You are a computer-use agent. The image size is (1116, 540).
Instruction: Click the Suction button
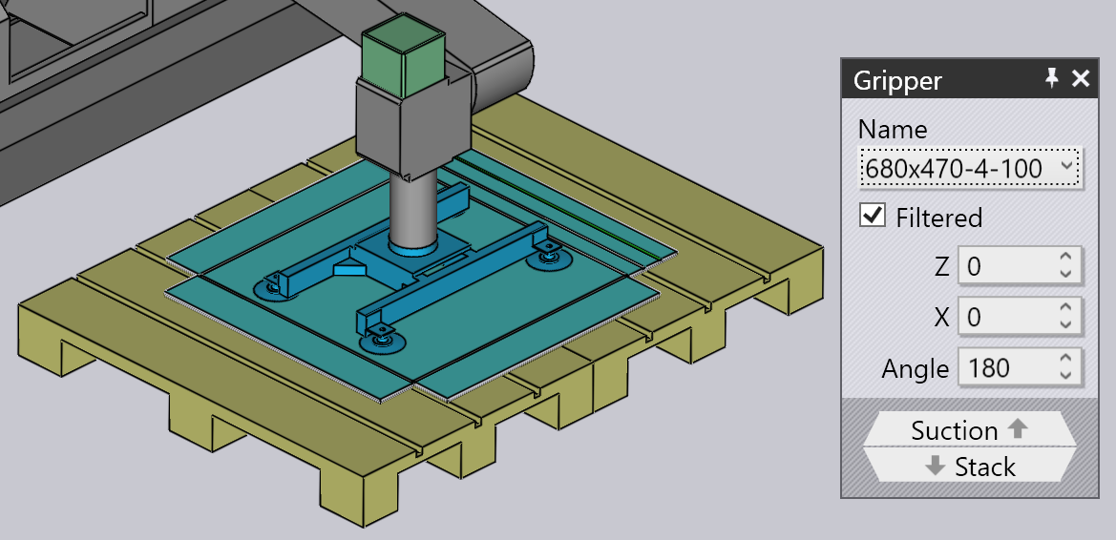tap(969, 429)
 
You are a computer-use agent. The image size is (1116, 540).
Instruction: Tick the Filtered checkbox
tap(873, 216)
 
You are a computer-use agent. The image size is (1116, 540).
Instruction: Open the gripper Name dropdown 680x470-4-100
tap(971, 169)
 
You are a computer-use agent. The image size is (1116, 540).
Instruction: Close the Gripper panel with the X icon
tap(1081, 79)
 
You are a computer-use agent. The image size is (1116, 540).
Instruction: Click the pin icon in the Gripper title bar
tap(1052, 78)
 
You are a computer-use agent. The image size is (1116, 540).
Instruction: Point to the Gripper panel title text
tap(897, 80)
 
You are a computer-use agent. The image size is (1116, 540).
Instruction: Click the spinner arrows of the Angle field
tap(1064, 367)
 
